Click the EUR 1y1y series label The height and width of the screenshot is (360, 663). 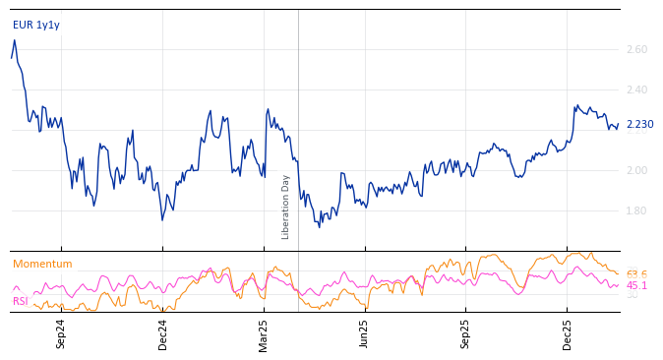[x=36, y=25]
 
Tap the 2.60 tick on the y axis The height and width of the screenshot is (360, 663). [x=636, y=49]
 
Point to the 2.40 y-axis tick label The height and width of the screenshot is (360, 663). [x=636, y=90]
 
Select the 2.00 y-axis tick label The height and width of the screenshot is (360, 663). [x=636, y=170]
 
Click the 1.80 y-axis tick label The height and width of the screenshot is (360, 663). [x=636, y=210]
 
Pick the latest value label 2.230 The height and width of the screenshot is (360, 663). [x=639, y=124]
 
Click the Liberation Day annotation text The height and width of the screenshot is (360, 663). [x=286, y=207]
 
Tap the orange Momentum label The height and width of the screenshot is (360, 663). [x=42, y=264]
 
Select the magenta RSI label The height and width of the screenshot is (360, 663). [x=20, y=301]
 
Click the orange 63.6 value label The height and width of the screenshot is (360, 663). [x=636, y=274]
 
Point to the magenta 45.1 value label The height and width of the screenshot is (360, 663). [x=636, y=285]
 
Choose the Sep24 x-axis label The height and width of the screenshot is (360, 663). [x=61, y=333]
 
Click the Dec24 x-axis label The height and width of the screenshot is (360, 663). [x=163, y=333]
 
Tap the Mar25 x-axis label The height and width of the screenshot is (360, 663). [x=264, y=333]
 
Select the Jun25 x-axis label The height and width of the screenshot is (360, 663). [x=365, y=333]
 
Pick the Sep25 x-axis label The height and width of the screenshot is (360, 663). [x=466, y=333]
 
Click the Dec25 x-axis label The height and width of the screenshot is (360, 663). [x=568, y=333]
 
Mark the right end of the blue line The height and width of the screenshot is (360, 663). [x=619, y=124]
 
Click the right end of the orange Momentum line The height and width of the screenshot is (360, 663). [x=619, y=273]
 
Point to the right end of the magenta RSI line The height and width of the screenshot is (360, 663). [x=619, y=285]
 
